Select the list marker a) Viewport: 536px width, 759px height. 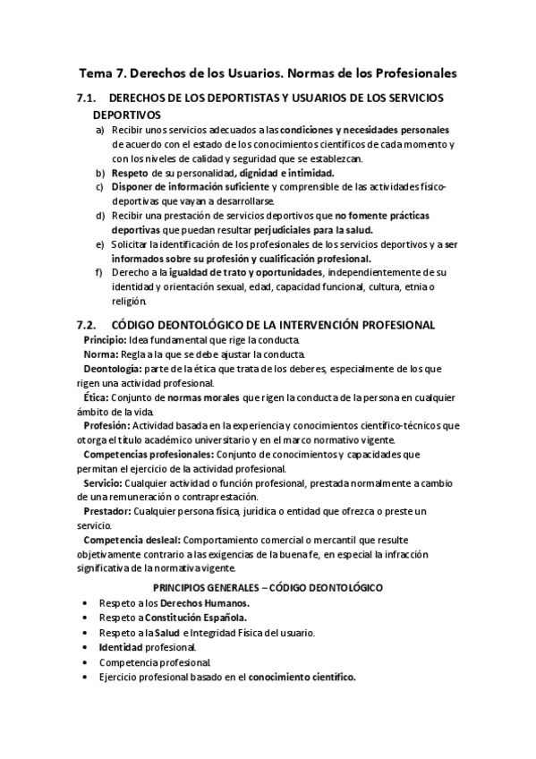100,131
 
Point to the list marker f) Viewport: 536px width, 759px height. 99,272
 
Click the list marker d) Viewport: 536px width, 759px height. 100,216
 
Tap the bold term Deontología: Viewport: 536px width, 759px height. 112,369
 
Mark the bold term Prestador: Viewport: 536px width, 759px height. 107,510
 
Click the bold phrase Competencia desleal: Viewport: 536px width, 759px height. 132,539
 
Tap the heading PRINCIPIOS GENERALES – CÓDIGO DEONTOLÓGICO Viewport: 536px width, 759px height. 268,587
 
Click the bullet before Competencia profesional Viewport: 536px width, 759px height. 84,663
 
